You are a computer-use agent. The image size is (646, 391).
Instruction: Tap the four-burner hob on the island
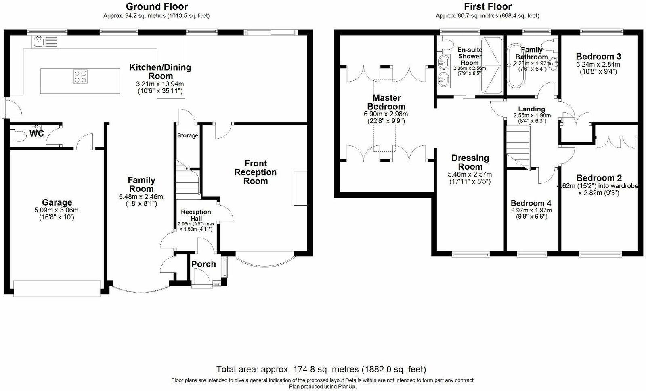pyautogui.click(x=80, y=76)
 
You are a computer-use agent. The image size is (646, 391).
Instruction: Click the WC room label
pyautogui.click(x=36, y=133)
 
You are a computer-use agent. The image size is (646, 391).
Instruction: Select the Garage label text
pyautogui.click(x=57, y=202)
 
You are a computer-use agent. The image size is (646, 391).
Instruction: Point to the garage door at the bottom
pyautogui.click(x=57, y=288)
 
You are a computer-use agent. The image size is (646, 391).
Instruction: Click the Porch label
pyautogui.click(x=203, y=264)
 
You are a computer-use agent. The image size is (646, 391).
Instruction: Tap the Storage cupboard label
pyautogui.click(x=188, y=135)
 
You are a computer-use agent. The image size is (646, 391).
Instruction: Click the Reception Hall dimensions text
pyautogui.click(x=196, y=226)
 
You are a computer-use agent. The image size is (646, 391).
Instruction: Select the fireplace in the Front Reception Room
pyautogui.click(x=300, y=188)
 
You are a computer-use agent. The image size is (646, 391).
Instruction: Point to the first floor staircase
pyautogui.click(x=518, y=145)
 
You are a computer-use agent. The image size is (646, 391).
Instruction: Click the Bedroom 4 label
pyautogui.click(x=531, y=203)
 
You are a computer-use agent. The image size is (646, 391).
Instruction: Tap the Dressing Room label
pyautogui.click(x=470, y=162)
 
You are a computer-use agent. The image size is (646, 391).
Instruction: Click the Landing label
pyautogui.click(x=531, y=109)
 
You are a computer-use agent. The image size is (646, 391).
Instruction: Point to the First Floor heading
pyautogui.click(x=487, y=6)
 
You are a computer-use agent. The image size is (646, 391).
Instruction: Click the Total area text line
pyautogui.click(x=321, y=369)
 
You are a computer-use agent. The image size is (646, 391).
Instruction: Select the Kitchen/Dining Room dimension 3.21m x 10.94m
pyautogui.click(x=160, y=84)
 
